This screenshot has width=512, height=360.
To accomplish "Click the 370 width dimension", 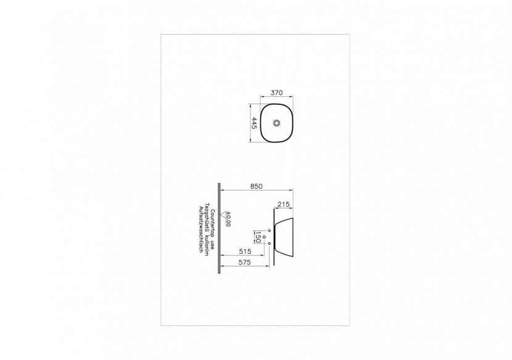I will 276,92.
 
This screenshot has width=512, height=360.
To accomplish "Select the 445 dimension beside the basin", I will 253,122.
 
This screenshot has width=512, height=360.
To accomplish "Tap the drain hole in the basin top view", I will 276,123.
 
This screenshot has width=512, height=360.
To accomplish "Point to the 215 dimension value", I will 284,203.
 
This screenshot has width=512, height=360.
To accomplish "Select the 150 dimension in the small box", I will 258,236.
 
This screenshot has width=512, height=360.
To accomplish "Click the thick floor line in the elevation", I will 220,226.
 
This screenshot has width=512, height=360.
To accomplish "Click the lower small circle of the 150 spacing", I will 270,244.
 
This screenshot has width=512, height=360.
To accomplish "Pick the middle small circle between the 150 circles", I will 264,236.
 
